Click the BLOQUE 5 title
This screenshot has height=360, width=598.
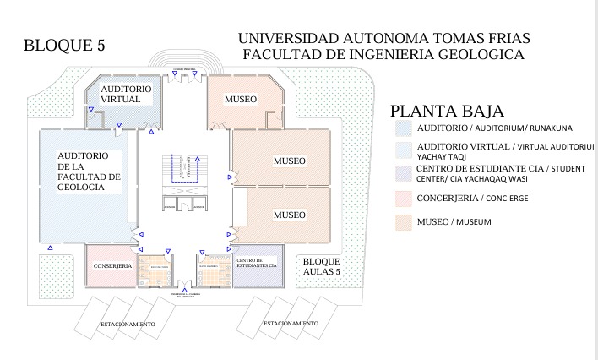pyautogui.click(x=69, y=45)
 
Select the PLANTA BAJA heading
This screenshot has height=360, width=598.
pyautogui.click(x=447, y=111)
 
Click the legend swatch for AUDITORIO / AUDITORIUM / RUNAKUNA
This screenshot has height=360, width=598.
pyautogui.click(x=404, y=128)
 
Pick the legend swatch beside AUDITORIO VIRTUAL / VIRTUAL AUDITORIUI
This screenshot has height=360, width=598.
pyautogui.click(x=404, y=150)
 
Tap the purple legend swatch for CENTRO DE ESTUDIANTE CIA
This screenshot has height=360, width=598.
pyautogui.click(x=404, y=174)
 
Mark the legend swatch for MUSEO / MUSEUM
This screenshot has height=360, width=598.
pyautogui.click(x=404, y=222)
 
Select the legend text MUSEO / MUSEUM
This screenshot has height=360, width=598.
pyautogui.click(x=454, y=221)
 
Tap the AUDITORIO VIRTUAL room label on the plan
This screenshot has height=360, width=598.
pyautogui.click(x=126, y=94)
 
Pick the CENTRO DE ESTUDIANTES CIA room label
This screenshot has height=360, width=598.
pyautogui.click(x=256, y=263)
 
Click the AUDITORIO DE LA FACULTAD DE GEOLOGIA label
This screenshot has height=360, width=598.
pyautogui.click(x=88, y=172)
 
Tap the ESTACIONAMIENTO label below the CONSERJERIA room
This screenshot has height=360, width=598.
pyautogui.click(x=128, y=325)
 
